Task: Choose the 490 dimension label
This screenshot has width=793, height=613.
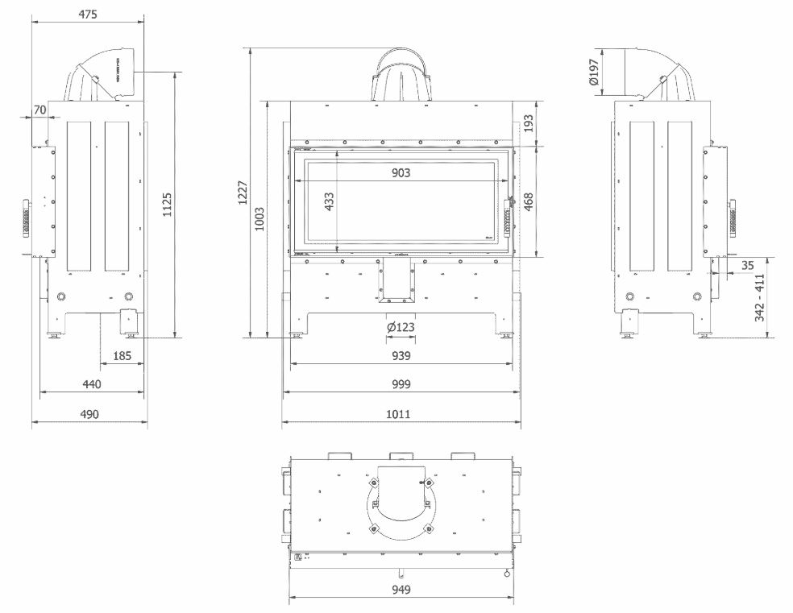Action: pyautogui.click(x=89, y=414)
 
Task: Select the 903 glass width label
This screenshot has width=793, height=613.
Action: pyautogui.click(x=401, y=172)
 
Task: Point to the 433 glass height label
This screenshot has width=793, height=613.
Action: pyautogui.click(x=329, y=202)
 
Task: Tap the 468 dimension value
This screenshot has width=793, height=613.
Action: pyautogui.click(x=529, y=202)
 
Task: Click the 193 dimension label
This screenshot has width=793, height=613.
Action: pyautogui.click(x=529, y=123)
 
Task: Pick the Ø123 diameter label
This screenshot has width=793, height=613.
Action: pyautogui.click(x=400, y=327)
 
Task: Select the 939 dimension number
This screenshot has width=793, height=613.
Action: pyautogui.click(x=401, y=355)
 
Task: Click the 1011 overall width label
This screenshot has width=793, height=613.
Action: pyautogui.click(x=401, y=414)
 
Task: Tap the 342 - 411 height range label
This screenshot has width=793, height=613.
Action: pyautogui.click(x=760, y=297)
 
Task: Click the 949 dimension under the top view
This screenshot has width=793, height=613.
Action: pyautogui.click(x=401, y=590)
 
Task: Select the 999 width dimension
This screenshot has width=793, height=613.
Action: pyautogui.click(x=401, y=385)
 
